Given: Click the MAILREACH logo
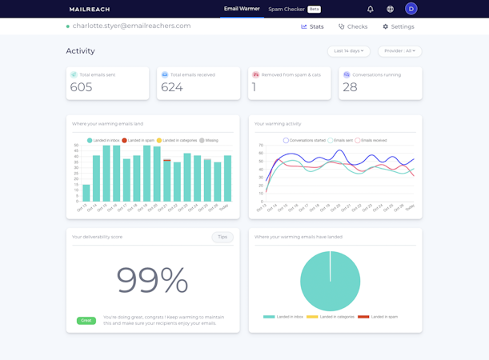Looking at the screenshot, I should coord(90,10).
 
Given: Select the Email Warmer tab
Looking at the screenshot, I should coord(242,9).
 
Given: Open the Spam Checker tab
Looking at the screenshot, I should coord(287,10).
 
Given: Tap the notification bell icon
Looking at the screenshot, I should coord(371,10).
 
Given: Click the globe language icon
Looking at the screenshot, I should coord(391,10).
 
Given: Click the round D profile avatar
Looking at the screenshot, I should coord(411,9).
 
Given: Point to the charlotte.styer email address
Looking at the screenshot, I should coord(131,26).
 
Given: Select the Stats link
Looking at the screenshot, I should coord(313,26).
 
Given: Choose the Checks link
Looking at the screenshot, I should coord(353,26).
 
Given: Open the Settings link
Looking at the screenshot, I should coord(398,26).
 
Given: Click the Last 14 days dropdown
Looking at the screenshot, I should coord(348,51).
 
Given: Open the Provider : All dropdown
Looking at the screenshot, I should coord(399,51).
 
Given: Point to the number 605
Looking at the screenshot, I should coord(81,87).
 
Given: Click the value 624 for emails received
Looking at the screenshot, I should coord(172,87).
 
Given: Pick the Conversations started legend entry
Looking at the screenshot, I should coord(304,141).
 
